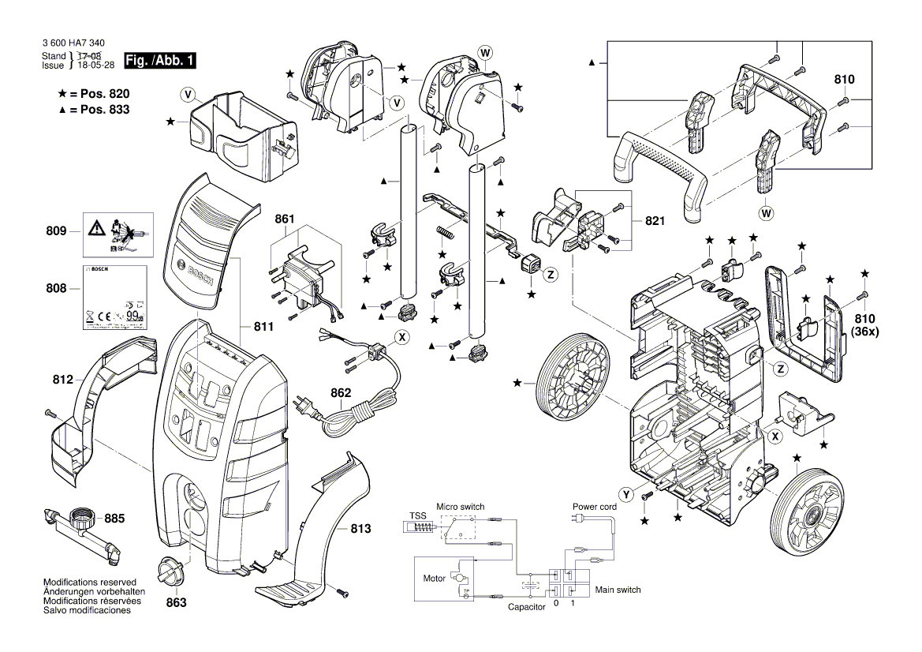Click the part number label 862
click(341, 393)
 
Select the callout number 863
click(176, 602)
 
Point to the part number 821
click(654, 222)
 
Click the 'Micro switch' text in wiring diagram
click(461, 506)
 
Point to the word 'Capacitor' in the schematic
click(526, 606)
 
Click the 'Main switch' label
click(618, 590)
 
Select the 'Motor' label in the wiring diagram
click(434, 579)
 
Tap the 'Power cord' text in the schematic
click(594, 506)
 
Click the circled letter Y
click(626, 495)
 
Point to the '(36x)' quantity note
click(864, 332)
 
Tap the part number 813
click(360, 529)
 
